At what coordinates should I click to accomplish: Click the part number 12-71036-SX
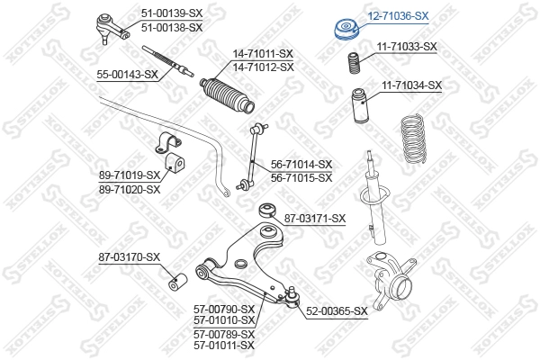[398, 16]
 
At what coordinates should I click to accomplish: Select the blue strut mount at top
[347, 30]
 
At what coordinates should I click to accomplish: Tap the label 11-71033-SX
[407, 47]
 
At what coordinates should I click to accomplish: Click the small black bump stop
[354, 63]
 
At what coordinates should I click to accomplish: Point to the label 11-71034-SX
[411, 85]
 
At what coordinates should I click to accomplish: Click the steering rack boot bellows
[228, 95]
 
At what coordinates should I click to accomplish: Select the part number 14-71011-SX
[263, 54]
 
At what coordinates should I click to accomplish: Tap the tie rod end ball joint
[112, 27]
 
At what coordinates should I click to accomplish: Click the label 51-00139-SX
[172, 13]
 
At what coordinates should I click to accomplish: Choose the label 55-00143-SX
[128, 75]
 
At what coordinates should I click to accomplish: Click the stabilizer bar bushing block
[175, 163]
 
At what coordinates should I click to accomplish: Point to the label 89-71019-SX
[130, 175]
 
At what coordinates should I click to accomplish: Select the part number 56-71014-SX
[301, 165]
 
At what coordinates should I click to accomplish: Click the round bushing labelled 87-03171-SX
[268, 211]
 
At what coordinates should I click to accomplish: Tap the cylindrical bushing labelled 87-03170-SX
[177, 281]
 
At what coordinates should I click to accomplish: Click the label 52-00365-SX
[337, 311]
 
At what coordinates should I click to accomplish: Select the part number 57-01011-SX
[224, 346]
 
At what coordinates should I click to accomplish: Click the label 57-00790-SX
[224, 309]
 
